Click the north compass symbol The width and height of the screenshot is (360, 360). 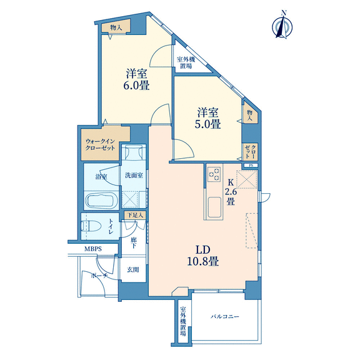282,25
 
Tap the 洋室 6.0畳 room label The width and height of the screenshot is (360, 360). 137,79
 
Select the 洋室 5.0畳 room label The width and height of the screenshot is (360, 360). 207,118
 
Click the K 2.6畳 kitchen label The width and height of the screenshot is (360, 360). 231,192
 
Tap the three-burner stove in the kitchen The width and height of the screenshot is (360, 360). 214,174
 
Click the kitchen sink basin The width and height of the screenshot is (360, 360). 214,207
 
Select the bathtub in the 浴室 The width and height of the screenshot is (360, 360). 101,201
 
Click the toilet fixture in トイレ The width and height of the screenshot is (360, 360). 91,226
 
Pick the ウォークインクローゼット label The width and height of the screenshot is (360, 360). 100,144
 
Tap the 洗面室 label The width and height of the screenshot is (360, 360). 134,176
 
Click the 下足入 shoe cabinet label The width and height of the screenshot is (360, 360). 135,215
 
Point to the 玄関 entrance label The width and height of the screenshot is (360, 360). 133,269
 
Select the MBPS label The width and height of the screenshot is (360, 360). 93,249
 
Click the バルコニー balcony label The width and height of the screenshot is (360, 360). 225,317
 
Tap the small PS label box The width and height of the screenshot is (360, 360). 251,165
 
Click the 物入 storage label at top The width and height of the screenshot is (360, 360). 116,27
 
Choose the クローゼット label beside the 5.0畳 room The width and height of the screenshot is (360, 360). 250,151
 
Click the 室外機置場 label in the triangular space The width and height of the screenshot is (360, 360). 186,63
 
